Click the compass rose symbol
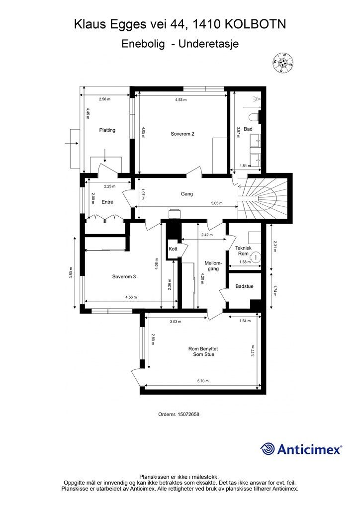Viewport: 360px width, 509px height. point(283,63)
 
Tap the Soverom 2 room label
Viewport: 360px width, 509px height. point(182,134)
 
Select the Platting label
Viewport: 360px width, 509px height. point(107,130)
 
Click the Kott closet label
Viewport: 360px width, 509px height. point(173,249)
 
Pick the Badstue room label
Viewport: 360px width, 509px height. point(245,286)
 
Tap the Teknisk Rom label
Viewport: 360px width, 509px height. point(244,251)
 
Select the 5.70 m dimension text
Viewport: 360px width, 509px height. point(203,381)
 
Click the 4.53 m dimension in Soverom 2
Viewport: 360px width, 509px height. point(181,100)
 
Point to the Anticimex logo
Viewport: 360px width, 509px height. point(301,449)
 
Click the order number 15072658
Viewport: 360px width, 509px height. point(188,414)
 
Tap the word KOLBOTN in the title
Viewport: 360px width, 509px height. point(256,24)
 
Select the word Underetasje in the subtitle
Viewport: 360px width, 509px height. point(209,44)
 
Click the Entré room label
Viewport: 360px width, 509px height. point(107,202)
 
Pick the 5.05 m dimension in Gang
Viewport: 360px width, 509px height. point(217,203)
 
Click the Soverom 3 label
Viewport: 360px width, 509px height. point(124,276)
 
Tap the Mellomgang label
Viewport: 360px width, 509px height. point(212,266)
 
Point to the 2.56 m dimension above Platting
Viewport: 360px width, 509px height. point(105,99)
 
